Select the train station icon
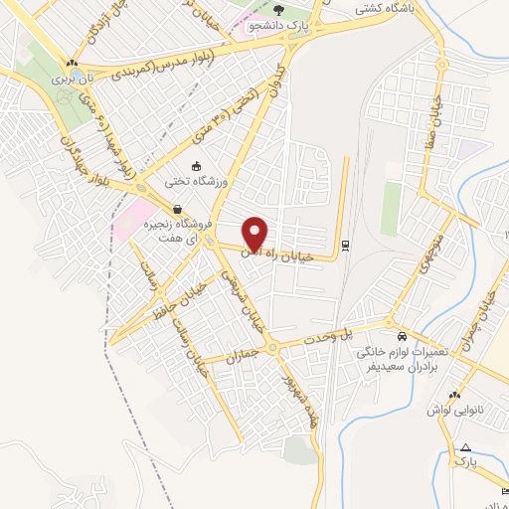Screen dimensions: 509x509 [345, 245]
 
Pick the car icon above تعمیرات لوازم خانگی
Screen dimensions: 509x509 [401, 336]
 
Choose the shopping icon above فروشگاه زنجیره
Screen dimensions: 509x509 [177, 211]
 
